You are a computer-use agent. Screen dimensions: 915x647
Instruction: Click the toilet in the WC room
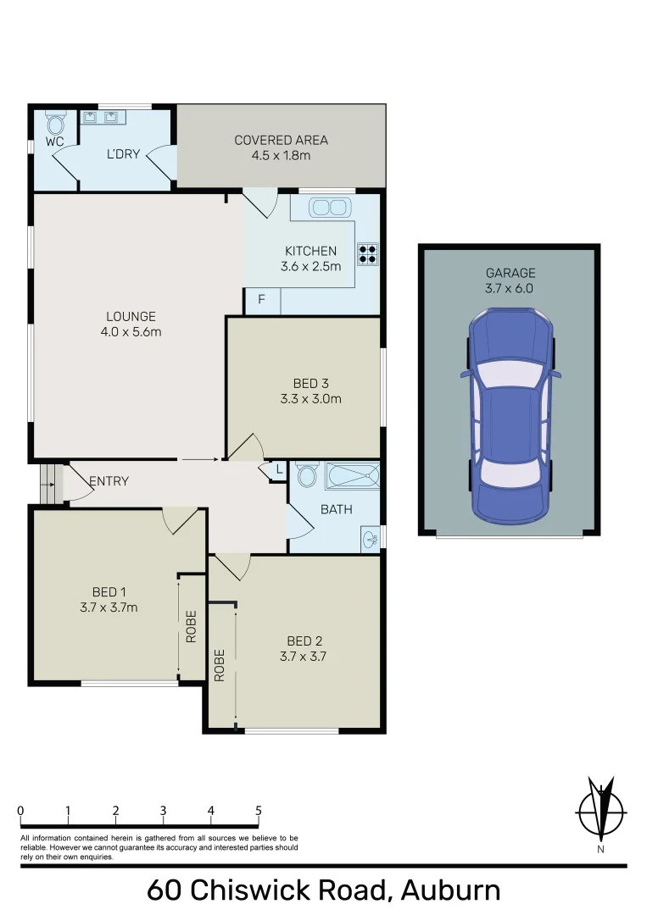pyautogui.click(x=56, y=125)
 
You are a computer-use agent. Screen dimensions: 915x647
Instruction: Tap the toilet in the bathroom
pyautogui.click(x=307, y=476)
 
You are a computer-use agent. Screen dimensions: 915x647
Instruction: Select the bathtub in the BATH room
pyautogui.click(x=352, y=476)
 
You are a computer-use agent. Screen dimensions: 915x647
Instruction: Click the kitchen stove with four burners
pyautogui.click(x=368, y=254)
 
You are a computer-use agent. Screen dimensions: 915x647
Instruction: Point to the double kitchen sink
pyautogui.click(x=329, y=208)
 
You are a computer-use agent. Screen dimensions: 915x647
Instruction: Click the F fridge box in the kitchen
pyautogui.click(x=261, y=301)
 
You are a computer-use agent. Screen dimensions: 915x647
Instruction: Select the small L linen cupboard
pyautogui.click(x=278, y=471)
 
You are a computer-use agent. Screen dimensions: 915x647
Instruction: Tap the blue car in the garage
pyautogui.click(x=510, y=415)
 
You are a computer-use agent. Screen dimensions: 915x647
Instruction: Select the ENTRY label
pyautogui.click(x=109, y=481)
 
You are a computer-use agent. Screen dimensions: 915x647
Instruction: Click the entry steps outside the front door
pyautogui.click(x=51, y=483)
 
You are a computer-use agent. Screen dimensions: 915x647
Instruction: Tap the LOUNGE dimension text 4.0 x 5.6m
pyautogui.click(x=131, y=331)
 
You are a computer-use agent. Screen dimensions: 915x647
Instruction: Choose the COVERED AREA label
pyautogui.click(x=281, y=141)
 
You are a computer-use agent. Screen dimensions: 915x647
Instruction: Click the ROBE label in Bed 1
pyautogui.click(x=192, y=626)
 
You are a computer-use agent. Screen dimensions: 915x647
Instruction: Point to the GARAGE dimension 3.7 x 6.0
pyautogui.click(x=510, y=288)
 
